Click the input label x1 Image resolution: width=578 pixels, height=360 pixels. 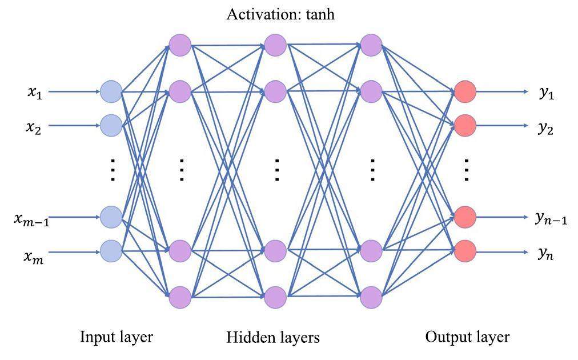35,93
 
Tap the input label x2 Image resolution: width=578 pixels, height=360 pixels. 33,127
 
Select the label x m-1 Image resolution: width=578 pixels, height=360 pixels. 31,219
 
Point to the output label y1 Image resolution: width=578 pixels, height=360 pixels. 547,94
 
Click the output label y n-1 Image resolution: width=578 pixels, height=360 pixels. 551,218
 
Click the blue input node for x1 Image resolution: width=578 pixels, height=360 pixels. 111,91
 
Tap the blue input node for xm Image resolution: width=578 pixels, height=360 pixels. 111,251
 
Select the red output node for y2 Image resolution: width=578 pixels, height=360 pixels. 465,125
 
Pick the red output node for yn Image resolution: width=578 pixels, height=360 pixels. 465,251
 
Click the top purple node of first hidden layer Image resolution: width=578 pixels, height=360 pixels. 180,45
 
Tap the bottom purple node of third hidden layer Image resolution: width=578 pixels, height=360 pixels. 371,297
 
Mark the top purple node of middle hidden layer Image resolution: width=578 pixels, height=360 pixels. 275,45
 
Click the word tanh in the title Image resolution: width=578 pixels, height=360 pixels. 320,14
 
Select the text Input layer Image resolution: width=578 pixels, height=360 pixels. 117,337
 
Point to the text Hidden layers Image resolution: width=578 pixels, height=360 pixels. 273,337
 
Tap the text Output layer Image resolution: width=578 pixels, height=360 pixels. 467,337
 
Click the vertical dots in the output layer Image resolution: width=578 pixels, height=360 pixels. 466,170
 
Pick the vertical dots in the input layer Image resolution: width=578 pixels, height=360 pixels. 113,170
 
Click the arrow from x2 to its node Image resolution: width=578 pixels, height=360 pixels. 74,126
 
